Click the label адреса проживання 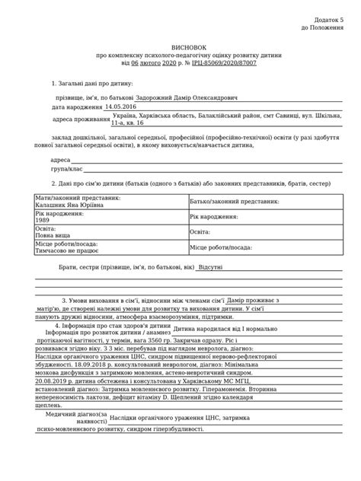[x=81, y=120]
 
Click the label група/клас [x=65, y=169]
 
